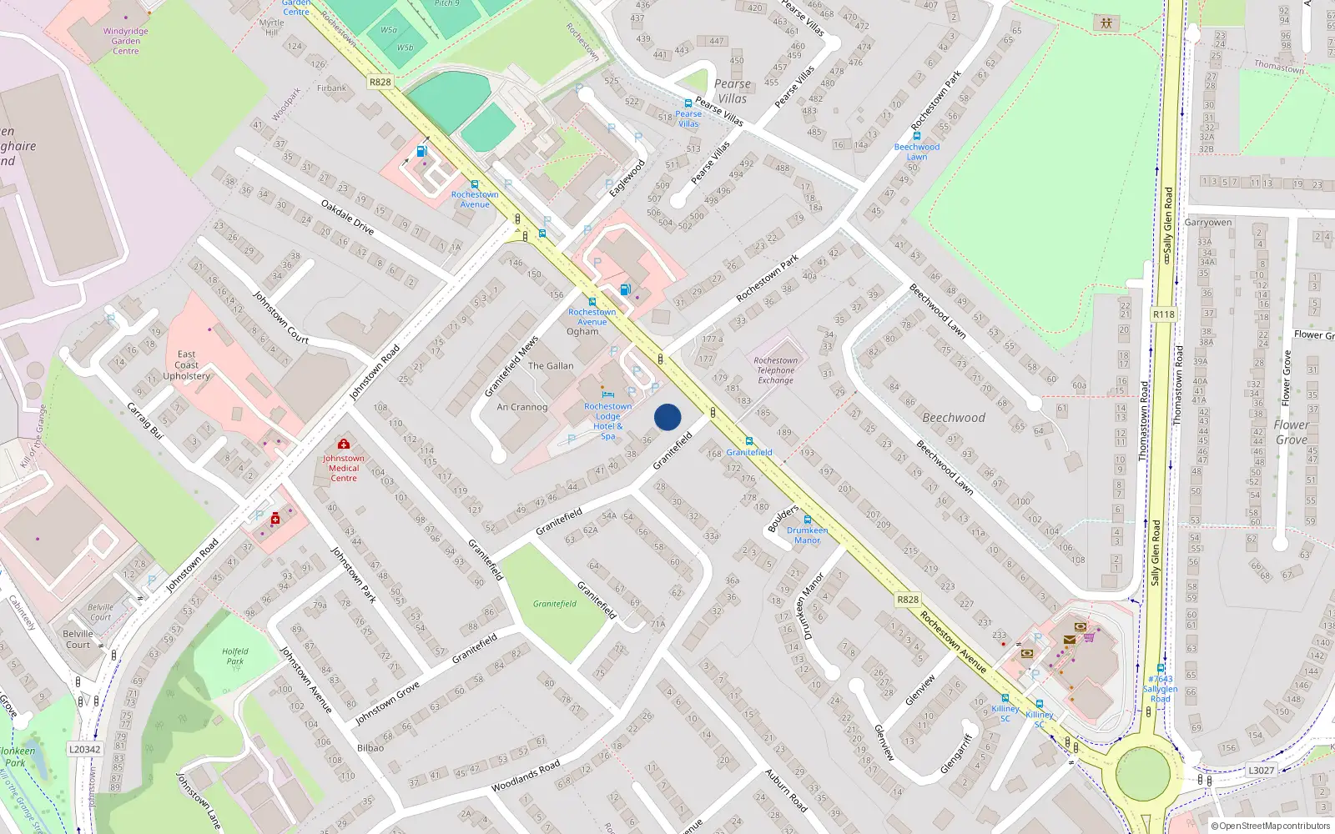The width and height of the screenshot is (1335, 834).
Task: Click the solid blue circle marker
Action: click(x=667, y=417)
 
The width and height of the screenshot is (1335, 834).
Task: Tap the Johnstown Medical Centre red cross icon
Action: click(x=343, y=445)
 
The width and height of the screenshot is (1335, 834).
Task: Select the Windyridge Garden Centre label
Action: click(x=126, y=41)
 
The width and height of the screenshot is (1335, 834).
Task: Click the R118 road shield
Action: click(x=1163, y=314)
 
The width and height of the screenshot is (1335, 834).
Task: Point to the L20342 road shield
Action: click(x=85, y=749)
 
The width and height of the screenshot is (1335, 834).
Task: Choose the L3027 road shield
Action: click(x=1261, y=770)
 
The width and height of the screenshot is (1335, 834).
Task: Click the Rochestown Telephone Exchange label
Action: click(x=775, y=370)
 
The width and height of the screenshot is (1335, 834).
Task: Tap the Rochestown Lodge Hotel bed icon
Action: click(x=608, y=394)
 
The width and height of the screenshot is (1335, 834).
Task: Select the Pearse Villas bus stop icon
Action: click(x=688, y=103)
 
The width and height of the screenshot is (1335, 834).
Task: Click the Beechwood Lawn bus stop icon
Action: click(x=916, y=136)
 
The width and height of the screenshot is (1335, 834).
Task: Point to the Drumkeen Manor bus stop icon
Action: click(x=807, y=520)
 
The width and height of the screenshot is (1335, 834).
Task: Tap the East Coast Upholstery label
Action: click(x=187, y=365)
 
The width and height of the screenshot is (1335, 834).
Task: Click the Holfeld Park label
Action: click(x=235, y=656)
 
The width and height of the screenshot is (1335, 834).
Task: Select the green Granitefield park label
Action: click(x=555, y=604)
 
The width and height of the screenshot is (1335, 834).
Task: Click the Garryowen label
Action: click(x=1207, y=223)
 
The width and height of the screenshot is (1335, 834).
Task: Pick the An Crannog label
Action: click(x=522, y=407)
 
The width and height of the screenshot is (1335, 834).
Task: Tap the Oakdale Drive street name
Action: click(x=348, y=216)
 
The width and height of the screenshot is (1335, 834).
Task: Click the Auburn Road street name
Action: click(x=786, y=791)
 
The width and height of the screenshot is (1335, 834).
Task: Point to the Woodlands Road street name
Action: click(x=526, y=776)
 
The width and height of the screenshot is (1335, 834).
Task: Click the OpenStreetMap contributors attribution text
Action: click(x=1270, y=826)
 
